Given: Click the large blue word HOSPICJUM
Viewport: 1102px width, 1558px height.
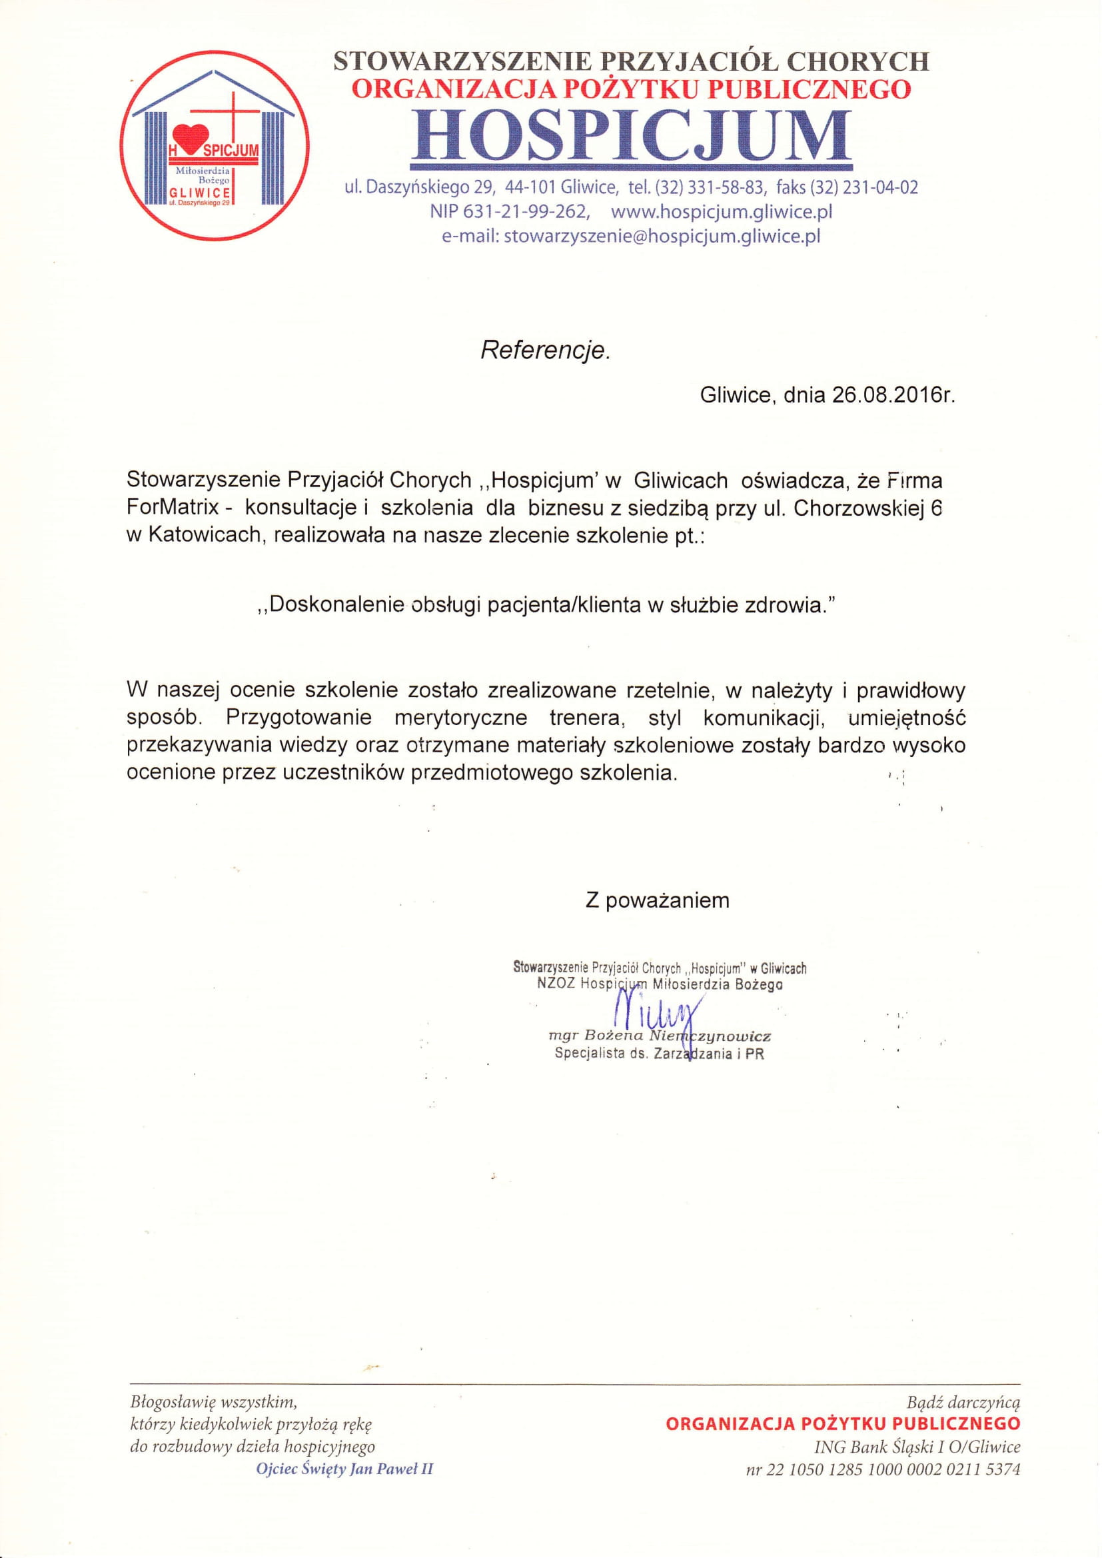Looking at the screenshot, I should (630, 136).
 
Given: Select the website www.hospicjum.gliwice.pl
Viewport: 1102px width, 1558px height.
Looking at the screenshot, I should (722, 212).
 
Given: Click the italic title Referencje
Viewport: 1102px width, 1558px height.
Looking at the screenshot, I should (545, 350).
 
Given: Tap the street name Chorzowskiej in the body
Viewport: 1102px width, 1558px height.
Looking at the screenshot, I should (857, 508).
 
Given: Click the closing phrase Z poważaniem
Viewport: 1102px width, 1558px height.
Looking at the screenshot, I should (658, 900).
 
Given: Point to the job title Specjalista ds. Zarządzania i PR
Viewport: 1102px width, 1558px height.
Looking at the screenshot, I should (659, 1054).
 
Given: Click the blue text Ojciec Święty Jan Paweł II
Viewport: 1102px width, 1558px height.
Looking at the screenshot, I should (344, 1469).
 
